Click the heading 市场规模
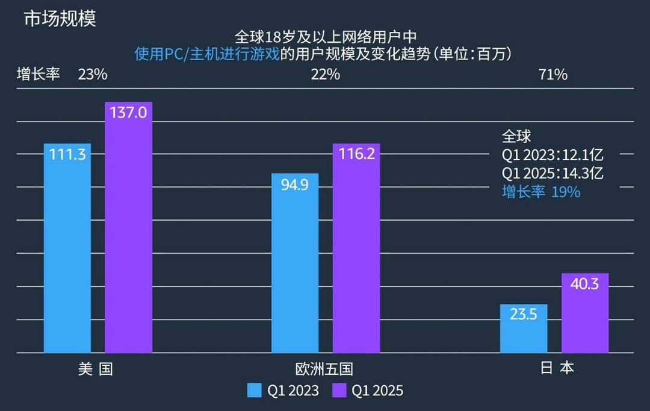(60, 18)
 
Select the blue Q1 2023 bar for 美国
(67, 253)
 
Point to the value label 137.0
(129, 113)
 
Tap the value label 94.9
(295, 184)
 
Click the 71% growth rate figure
(554, 75)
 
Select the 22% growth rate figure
(325, 75)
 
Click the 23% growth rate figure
(93, 75)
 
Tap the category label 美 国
(96, 368)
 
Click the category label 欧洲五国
(324, 368)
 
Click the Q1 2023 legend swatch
(255, 391)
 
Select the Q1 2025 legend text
(377, 391)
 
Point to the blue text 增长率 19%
(541, 192)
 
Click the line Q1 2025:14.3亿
(552, 173)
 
